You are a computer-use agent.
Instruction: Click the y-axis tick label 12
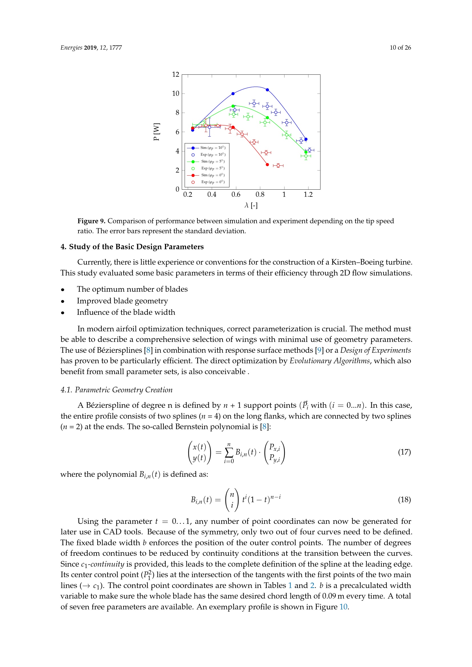(176, 74)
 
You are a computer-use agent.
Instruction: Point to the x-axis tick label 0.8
(260, 195)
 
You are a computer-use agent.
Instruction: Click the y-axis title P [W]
(156, 131)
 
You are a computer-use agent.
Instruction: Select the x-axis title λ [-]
(251, 205)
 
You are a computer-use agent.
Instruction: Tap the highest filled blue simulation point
(267, 90)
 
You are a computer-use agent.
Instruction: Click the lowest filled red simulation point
(267, 165)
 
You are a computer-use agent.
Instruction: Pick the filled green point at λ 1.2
(306, 152)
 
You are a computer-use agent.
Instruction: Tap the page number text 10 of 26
(400, 48)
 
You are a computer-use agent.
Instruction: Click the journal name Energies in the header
(71, 48)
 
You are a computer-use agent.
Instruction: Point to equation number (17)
(404, 452)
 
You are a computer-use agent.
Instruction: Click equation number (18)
(404, 500)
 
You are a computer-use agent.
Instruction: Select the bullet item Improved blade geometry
(122, 301)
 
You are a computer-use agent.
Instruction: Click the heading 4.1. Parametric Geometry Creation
(116, 390)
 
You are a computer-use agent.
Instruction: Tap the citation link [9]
(319, 350)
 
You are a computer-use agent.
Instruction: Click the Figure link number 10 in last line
(343, 607)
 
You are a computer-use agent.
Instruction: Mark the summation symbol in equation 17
(229, 452)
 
